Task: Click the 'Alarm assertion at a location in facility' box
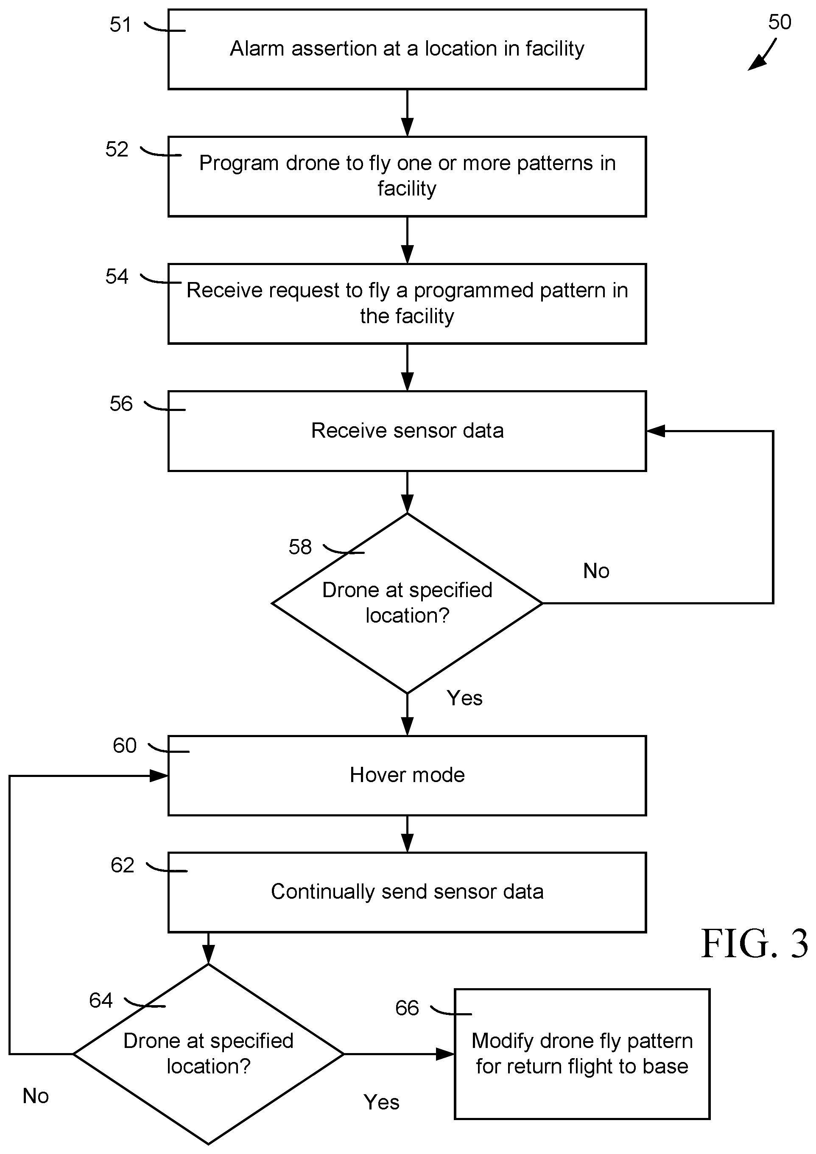click(x=407, y=49)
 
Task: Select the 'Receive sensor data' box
click(x=407, y=431)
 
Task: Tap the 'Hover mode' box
click(x=407, y=775)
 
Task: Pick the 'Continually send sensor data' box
click(x=407, y=891)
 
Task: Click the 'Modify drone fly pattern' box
click(x=582, y=1053)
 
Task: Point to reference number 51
click(x=121, y=25)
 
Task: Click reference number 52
click(x=117, y=149)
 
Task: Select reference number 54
click(x=117, y=277)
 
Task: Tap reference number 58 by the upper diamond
click(x=300, y=547)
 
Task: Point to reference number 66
click(x=407, y=1008)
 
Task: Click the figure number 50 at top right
click(x=779, y=22)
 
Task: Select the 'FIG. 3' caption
click(x=754, y=944)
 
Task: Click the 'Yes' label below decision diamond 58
click(x=464, y=698)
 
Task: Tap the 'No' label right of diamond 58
click(x=596, y=571)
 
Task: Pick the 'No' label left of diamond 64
click(x=35, y=1096)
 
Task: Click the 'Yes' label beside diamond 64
click(x=381, y=1102)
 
